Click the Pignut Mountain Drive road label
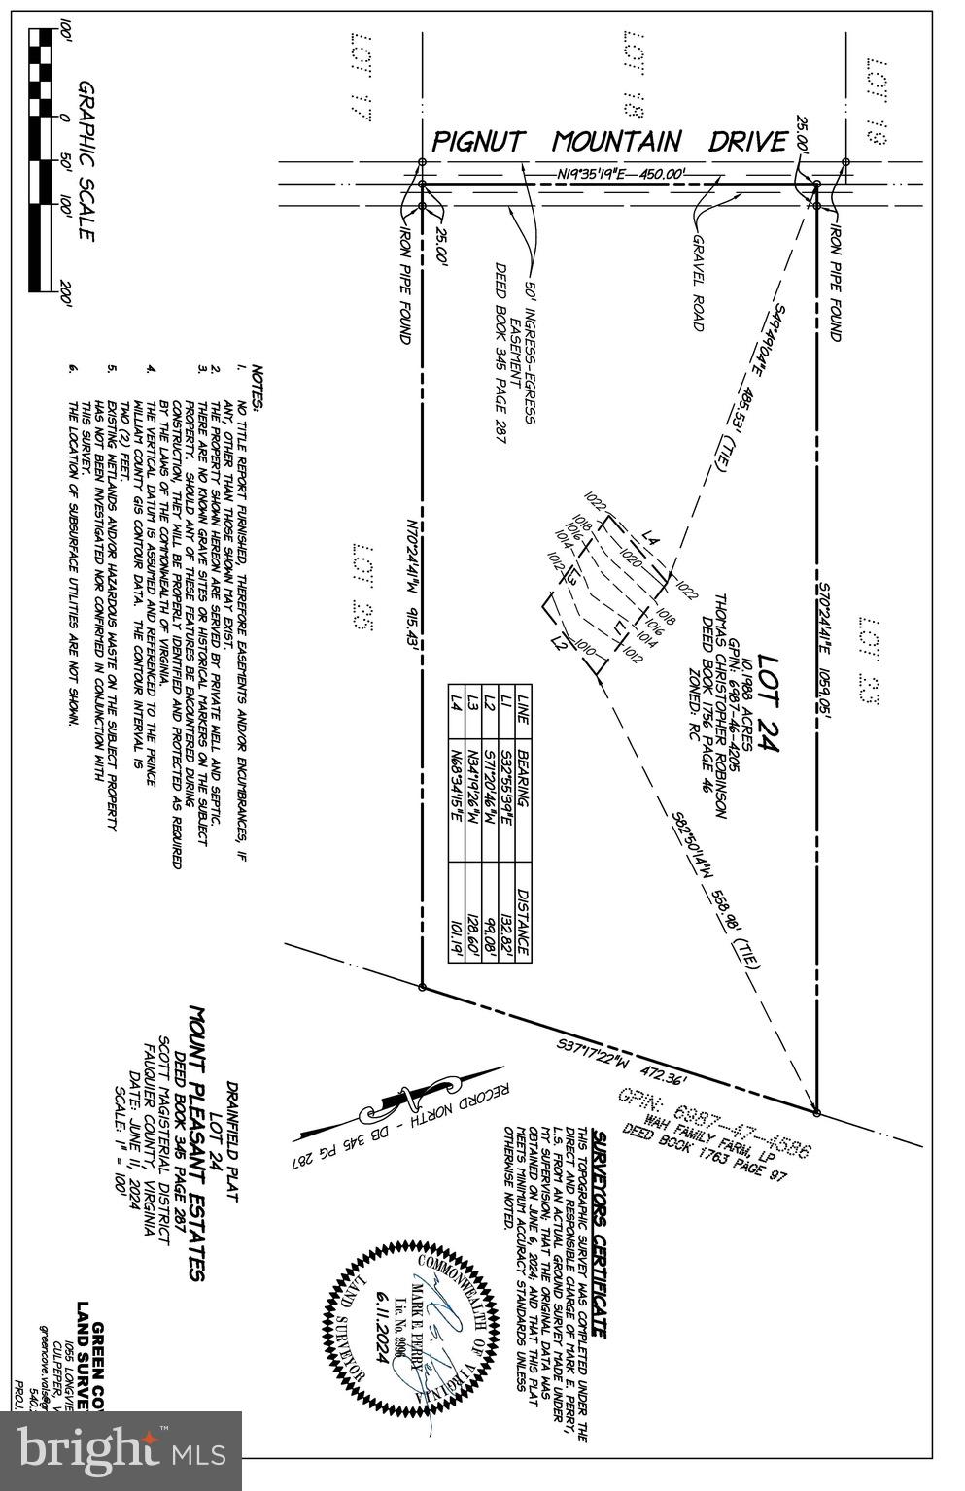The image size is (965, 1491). [x=608, y=142]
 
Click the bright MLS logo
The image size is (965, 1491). [x=121, y=1449]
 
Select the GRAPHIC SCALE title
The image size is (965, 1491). [x=86, y=161]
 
